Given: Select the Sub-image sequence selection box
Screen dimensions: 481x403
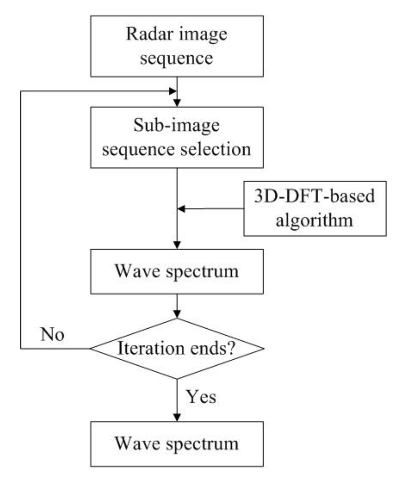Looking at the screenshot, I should pyautogui.click(x=177, y=137).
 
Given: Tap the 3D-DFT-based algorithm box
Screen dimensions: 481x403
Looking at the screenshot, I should pyautogui.click(x=315, y=208).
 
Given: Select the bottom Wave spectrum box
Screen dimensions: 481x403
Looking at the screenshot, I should pyautogui.click(x=177, y=443).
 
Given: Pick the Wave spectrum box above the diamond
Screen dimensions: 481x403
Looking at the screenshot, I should pyautogui.click(x=177, y=271).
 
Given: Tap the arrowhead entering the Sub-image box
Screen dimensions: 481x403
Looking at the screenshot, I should pyautogui.click(x=177, y=103).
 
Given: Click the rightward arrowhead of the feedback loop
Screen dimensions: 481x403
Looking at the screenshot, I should pyautogui.click(x=173, y=91).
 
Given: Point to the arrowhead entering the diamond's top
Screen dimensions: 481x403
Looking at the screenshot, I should pyautogui.click(x=177, y=314).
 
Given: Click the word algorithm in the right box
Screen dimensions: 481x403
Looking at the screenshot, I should pyautogui.click(x=314, y=220).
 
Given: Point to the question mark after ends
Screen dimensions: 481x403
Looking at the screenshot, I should pyautogui.click(x=231, y=348).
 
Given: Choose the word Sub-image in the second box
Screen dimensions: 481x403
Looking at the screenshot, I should pyautogui.click(x=177, y=125).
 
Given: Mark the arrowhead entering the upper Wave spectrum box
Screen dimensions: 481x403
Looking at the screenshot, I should pyautogui.click(x=177, y=245).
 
